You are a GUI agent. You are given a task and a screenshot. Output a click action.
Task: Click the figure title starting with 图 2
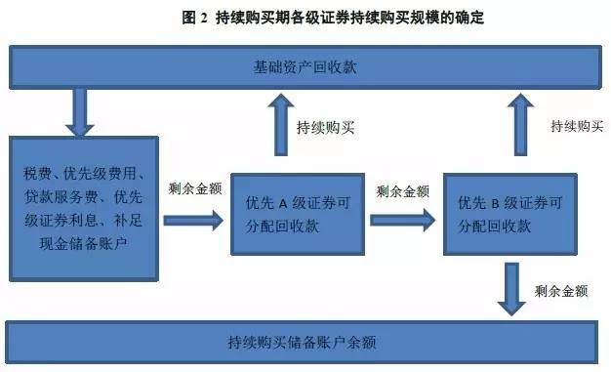[305, 18]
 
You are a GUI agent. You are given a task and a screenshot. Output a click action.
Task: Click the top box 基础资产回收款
[305, 66]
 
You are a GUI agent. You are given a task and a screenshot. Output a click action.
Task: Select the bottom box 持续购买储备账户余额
[305, 342]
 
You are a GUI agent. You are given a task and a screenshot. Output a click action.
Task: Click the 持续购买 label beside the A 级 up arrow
[324, 127]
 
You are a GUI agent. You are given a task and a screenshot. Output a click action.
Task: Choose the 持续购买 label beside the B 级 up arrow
[573, 126]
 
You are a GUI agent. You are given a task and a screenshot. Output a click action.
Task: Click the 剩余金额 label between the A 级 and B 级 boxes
[400, 189]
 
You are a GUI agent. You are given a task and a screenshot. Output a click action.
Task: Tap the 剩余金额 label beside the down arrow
[560, 291]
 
